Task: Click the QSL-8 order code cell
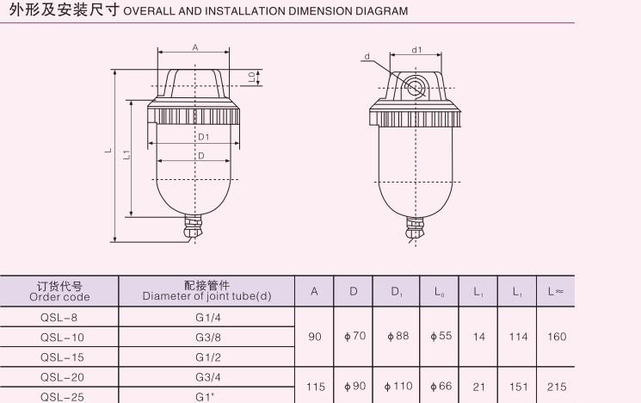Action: (x=59, y=318)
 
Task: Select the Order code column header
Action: (x=59, y=291)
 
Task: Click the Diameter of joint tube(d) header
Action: (x=206, y=291)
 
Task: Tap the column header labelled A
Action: (x=314, y=291)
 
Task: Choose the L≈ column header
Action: (x=556, y=291)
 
